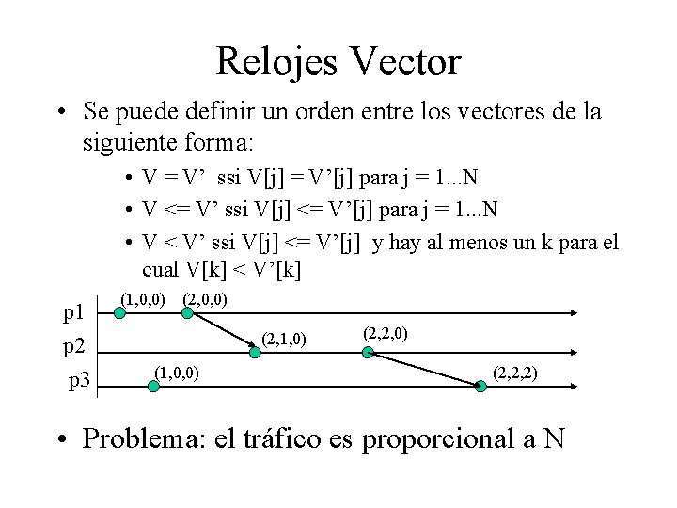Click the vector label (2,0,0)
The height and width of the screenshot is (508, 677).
click(x=205, y=301)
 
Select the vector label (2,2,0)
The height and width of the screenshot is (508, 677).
click(x=386, y=334)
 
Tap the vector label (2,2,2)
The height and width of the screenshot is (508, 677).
click(x=515, y=373)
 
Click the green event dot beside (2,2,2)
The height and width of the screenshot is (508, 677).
click(x=482, y=383)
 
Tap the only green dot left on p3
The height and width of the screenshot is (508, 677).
click(x=145, y=383)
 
